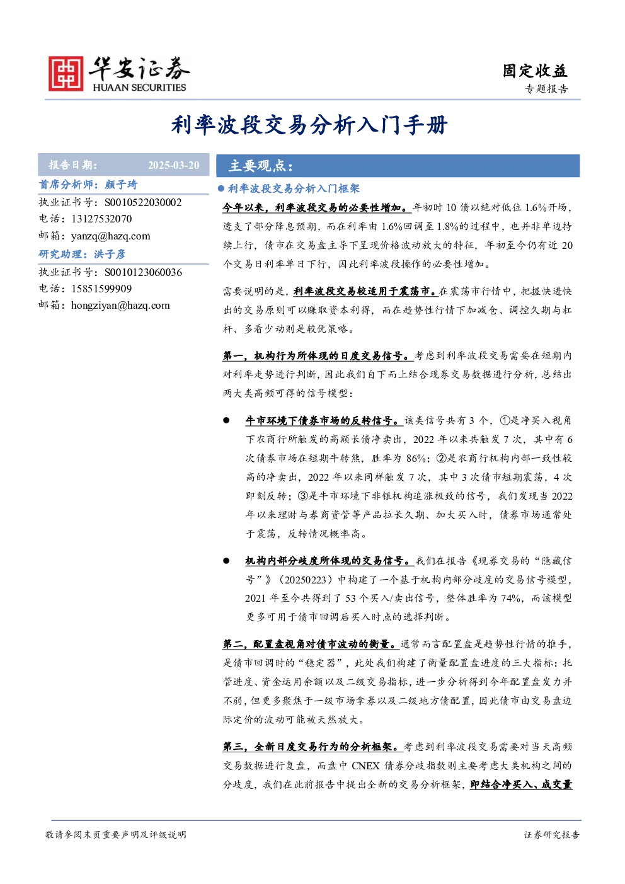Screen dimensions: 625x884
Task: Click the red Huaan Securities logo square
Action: click(66, 73)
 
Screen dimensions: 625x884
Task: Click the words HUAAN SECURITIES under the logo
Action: click(139, 87)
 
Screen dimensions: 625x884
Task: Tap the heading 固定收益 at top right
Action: click(535, 71)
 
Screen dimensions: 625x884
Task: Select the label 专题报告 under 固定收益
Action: click(546, 89)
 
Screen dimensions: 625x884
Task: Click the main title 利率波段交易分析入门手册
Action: click(309, 125)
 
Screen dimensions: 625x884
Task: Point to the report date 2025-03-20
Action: click(174, 165)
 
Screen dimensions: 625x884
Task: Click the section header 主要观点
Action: click(261, 166)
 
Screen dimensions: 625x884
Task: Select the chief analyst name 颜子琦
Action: click(121, 185)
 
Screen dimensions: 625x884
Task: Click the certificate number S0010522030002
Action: click(143, 202)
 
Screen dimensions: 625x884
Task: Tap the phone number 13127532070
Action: click(101, 219)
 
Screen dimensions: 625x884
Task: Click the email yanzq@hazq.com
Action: click(110, 236)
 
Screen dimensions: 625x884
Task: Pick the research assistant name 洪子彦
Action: click(110, 254)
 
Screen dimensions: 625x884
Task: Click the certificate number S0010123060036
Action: click(143, 272)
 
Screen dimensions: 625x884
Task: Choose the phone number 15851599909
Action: click(101, 289)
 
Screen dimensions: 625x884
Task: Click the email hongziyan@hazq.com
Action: click(120, 306)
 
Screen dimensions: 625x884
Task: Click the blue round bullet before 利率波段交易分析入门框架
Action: click(221, 188)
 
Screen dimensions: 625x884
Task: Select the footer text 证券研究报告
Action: click(552, 834)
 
